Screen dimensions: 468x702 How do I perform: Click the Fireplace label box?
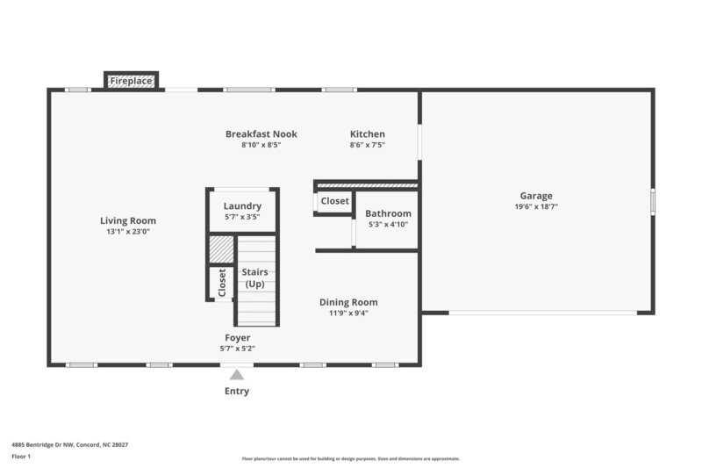[x=132, y=81]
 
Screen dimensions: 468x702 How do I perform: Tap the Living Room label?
[x=127, y=220]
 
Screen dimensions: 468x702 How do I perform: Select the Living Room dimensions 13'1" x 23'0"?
[x=127, y=231]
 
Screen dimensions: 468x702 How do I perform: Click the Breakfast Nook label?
[x=261, y=134]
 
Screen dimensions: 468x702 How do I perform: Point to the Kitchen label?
[x=367, y=134]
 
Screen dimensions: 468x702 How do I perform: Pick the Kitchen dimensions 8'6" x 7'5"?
[x=367, y=145]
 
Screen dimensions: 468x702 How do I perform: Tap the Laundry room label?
[x=242, y=205]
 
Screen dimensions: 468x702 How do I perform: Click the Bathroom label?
[x=388, y=213]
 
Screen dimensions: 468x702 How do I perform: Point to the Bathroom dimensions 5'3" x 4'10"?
[x=388, y=224]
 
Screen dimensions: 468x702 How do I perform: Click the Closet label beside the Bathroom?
[x=334, y=201]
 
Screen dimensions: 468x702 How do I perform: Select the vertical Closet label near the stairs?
[x=221, y=282]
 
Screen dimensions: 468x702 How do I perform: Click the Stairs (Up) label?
[x=254, y=278]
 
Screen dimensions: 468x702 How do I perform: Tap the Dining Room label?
[x=347, y=302]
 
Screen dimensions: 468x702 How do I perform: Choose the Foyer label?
[x=237, y=337]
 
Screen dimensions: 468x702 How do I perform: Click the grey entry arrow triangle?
[x=236, y=375]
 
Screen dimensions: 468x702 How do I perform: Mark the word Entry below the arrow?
[x=236, y=391]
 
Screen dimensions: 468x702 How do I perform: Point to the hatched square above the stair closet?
[x=221, y=249]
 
